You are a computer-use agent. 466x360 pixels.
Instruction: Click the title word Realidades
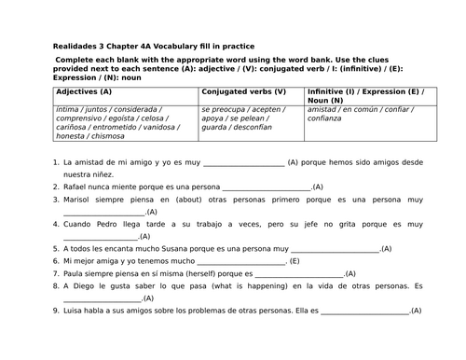point(76,46)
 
